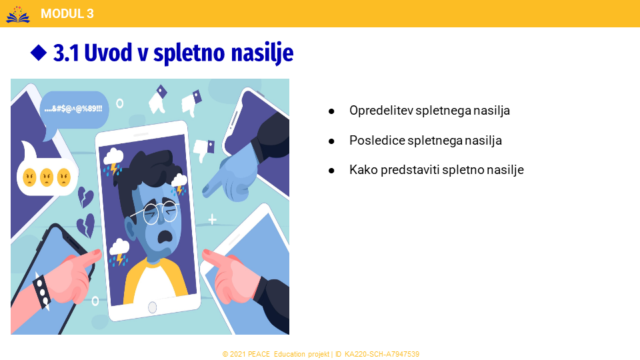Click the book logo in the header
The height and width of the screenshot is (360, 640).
pos(18,14)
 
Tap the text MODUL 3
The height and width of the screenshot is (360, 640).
pos(67,14)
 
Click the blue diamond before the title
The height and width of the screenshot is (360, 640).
pos(39,53)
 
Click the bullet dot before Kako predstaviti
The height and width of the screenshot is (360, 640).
pos(331,171)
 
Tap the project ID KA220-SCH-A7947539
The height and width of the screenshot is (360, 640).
pos(381,354)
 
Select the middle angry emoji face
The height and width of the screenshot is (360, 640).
pos(47,177)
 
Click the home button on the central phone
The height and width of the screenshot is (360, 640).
pos(152,307)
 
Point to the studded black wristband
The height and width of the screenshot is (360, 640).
pos(41,291)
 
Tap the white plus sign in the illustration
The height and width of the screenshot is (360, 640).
pos(212,220)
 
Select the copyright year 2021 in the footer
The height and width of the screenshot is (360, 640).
pos(237,354)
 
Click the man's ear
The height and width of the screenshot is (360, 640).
pos(131,229)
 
